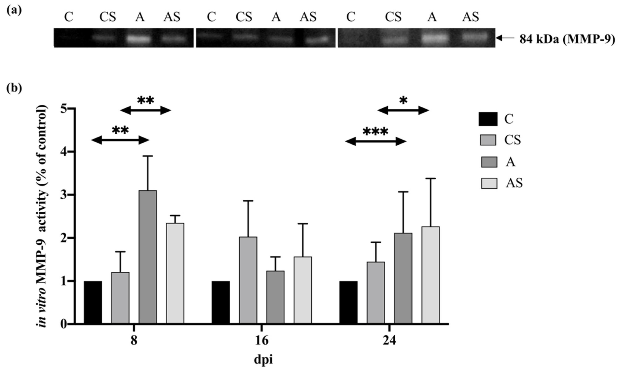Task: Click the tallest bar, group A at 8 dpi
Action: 148,257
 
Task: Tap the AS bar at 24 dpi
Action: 431,275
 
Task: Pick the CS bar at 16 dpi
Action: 248,280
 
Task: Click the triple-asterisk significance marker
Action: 375,131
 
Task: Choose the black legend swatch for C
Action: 488,119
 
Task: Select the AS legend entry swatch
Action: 489,183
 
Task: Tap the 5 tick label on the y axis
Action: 64,109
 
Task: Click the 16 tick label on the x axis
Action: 262,341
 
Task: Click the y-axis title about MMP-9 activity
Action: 42,216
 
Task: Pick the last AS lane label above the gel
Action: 471,17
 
